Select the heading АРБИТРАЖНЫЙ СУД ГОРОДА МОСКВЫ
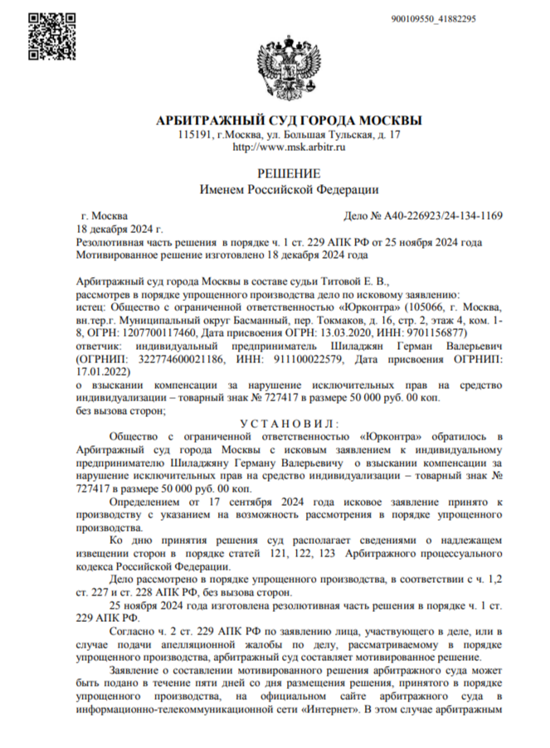(289, 120)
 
